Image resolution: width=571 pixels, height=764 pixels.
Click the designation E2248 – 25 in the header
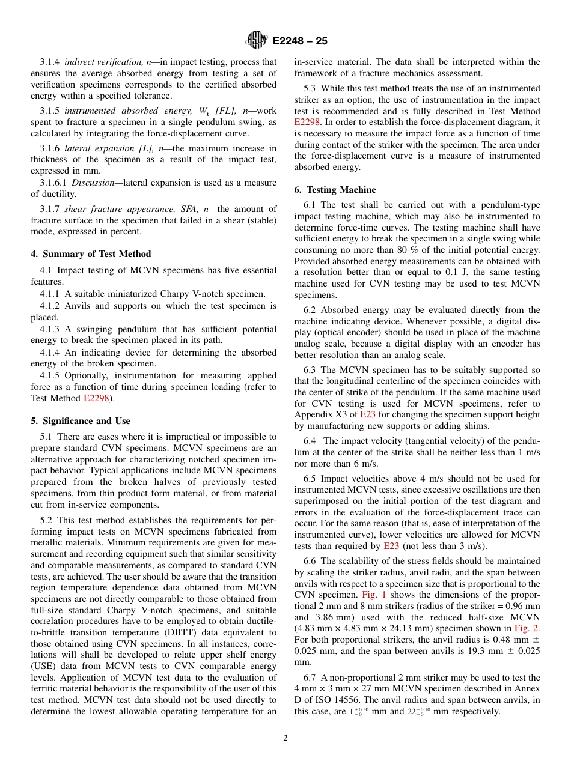(300, 41)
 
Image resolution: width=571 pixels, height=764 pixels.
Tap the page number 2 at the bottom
(285, 738)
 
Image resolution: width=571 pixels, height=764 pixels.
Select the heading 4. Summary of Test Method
(91, 254)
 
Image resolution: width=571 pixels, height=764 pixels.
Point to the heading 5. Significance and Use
(81, 421)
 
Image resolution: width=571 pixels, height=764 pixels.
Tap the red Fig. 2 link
(528, 628)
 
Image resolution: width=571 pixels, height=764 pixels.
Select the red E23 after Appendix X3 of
(367, 415)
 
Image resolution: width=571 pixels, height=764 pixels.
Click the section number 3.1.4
(50, 62)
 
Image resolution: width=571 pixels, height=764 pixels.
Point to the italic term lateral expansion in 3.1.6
(93, 148)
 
